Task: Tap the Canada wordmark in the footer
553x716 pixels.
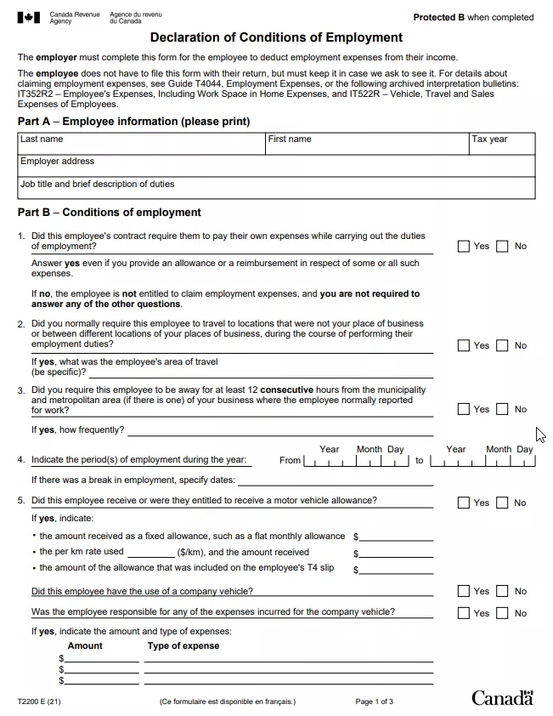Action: tap(502, 698)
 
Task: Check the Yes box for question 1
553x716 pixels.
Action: tap(463, 247)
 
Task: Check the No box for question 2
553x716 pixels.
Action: tap(502, 346)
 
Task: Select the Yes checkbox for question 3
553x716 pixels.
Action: tap(463, 410)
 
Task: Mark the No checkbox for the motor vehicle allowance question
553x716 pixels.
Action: tap(502, 503)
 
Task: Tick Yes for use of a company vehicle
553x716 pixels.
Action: tap(463, 592)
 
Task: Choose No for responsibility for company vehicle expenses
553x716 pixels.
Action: tap(502, 614)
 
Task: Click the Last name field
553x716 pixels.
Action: tap(141, 145)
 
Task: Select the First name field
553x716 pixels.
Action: tap(367, 145)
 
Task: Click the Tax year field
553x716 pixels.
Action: tap(502, 145)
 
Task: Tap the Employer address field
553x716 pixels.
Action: tap(276, 166)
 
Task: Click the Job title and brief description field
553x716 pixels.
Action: tap(276, 188)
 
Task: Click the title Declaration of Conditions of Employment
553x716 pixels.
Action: tap(276, 37)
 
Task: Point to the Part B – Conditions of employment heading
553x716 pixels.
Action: tap(110, 213)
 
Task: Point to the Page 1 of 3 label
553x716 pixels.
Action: tap(374, 702)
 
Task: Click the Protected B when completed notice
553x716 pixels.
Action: tap(473, 17)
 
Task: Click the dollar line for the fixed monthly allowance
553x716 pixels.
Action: tap(396, 537)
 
